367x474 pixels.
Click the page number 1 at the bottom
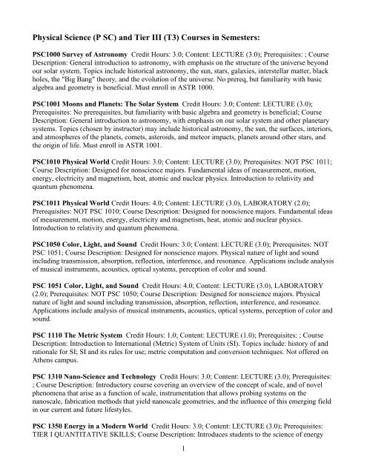click(x=184, y=467)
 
